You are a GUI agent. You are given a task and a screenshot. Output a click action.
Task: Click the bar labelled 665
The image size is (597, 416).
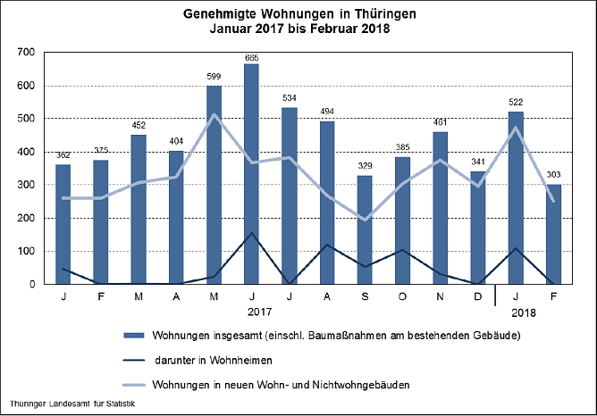click(x=252, y=174)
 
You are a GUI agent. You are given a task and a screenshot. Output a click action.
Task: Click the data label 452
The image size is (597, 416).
click(x=139, y=126)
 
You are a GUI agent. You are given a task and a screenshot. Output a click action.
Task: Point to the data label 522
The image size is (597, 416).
click(x=516, y=103)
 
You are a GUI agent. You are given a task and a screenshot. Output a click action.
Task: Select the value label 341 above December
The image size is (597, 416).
click(x=478, y=162)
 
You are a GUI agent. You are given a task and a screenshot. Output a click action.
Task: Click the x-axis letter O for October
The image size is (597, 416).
click(x=403, y=295)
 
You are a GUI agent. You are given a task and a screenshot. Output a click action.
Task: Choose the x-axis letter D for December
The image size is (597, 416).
click(x=478, y=295)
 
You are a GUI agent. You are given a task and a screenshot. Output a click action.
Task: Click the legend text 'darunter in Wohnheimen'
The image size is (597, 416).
click(x=206, y=361)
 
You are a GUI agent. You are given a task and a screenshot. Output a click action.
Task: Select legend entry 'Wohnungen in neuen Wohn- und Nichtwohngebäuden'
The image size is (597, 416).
click(x=281, y=386)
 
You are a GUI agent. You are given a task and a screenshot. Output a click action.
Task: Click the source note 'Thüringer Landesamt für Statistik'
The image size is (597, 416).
click(x=74, y=407)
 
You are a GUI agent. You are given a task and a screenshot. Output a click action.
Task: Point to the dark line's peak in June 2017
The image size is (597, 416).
click(x=252, y=233)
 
